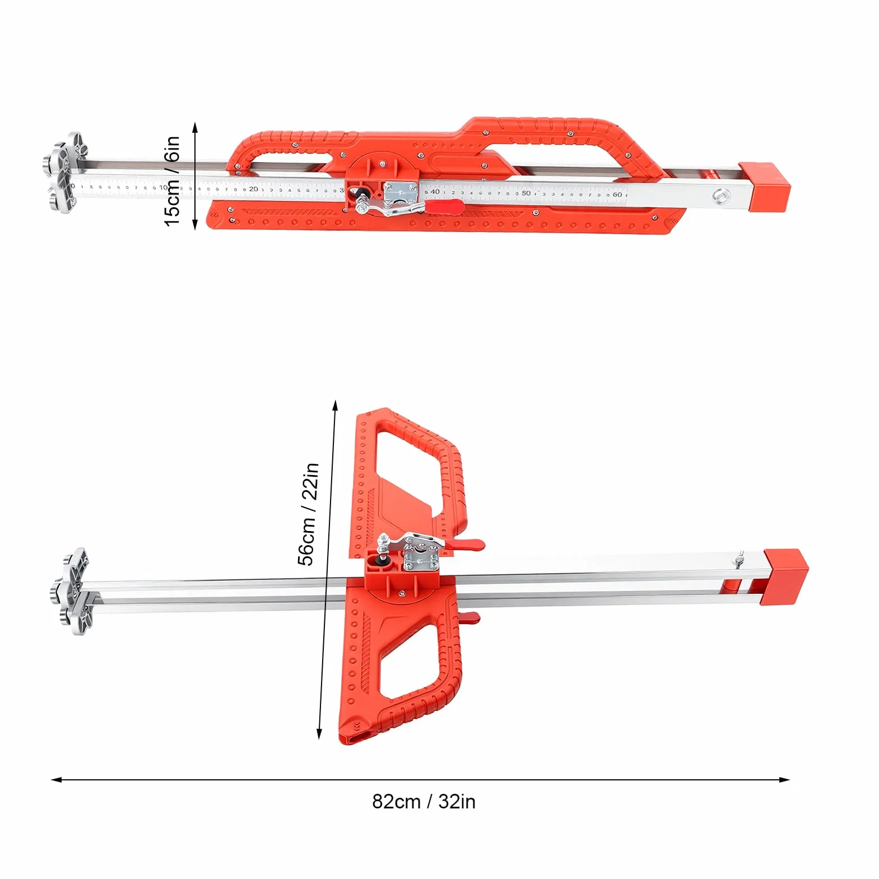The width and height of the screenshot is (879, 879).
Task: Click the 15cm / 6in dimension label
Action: point(173,181)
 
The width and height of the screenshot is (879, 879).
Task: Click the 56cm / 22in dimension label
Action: point(309,514)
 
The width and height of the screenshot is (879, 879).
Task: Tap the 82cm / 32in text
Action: point(424,802)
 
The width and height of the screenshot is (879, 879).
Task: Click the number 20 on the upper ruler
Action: point(254,189)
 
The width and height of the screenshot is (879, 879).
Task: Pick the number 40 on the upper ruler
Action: point(435,192)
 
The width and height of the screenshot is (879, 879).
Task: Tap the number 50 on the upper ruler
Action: point(525,193)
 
